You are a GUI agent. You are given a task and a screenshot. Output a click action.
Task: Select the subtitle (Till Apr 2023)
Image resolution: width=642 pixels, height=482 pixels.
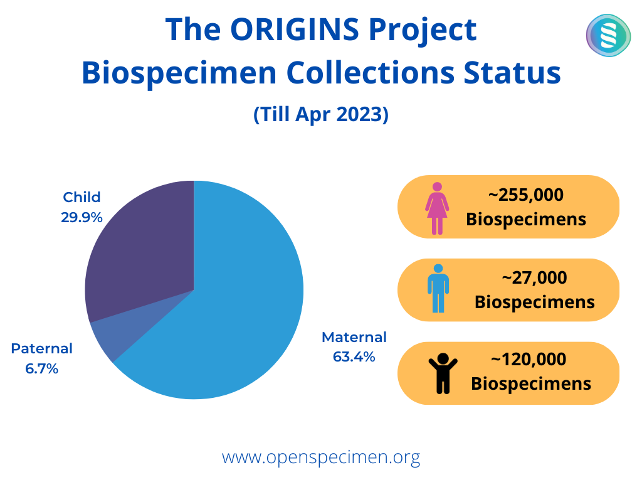(321, 114)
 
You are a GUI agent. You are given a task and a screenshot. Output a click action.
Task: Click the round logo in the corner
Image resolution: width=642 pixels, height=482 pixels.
(608, 35)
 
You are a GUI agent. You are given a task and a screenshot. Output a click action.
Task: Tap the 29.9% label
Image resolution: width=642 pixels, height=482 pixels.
(82, 217)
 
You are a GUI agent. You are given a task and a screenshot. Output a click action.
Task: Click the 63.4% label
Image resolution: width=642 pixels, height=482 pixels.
(354, 357)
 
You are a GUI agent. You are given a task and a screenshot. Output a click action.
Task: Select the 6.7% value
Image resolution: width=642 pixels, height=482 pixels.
(42, 369)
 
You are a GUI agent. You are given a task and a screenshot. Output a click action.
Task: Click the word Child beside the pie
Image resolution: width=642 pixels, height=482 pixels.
(82, 197)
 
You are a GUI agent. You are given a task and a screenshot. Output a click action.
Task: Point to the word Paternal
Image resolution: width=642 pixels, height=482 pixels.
(42, 348)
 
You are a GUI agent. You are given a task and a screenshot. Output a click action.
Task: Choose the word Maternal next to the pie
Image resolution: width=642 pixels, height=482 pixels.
(354, 337)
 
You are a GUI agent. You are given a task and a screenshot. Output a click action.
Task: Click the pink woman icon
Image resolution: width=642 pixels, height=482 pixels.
(437, 208)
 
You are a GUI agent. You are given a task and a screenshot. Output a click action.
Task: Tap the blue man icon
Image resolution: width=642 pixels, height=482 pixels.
(438, 289)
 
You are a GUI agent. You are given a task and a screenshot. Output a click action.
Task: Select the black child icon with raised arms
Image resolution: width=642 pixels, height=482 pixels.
(443, 373)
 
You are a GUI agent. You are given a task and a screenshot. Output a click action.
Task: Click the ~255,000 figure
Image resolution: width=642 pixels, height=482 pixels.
(526, 195)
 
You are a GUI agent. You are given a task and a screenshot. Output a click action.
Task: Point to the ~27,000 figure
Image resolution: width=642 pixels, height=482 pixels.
(534, 278)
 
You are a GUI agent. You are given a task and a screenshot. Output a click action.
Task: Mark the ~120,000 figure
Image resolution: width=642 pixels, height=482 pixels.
(529, 360)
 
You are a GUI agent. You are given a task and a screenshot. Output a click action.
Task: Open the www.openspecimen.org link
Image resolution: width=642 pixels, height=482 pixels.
(321, 457)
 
